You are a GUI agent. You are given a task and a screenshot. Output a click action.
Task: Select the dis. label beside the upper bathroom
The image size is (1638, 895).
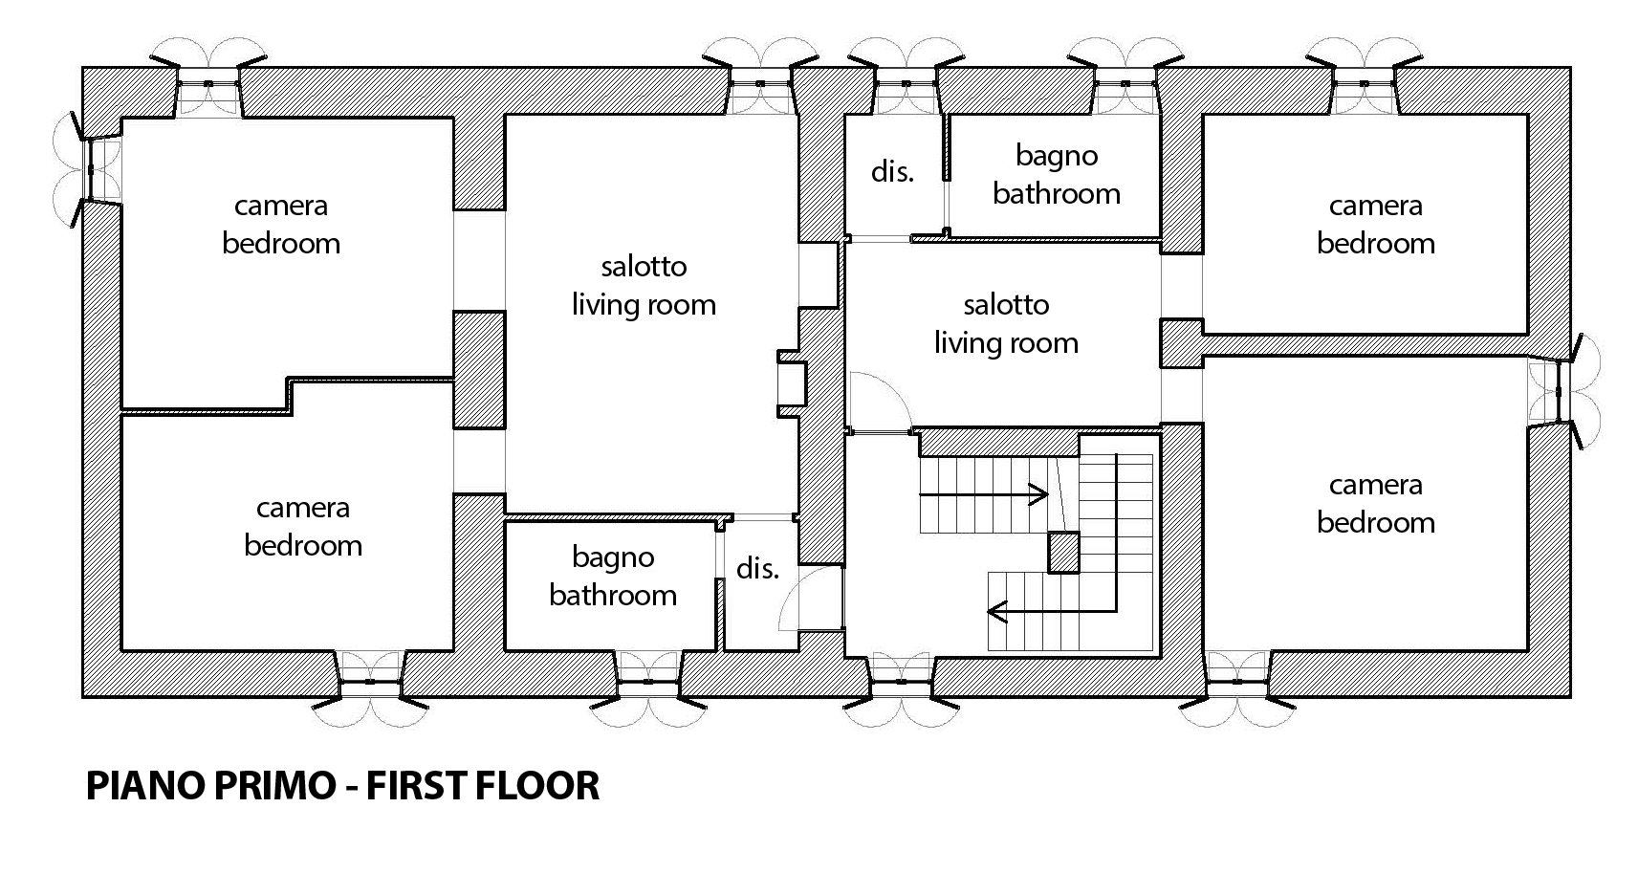[x=892, y=172]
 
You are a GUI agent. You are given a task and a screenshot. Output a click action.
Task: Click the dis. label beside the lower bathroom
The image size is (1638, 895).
[x=757, y=568]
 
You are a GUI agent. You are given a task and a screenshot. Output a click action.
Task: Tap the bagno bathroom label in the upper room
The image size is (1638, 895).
[x=1057, y=176]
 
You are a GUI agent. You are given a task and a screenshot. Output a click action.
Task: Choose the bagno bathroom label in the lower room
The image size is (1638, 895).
[x=613, y=577]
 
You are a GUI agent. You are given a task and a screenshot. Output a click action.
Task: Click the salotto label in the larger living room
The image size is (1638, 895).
[x=644, y=266]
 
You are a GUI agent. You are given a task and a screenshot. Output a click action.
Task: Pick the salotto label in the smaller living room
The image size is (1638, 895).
[x=1006, y=304]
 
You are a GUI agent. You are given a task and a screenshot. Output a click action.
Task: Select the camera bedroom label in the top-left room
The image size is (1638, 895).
[x=281, y=225]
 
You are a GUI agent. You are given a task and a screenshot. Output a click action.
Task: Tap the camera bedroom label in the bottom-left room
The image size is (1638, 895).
[x=303, y=527]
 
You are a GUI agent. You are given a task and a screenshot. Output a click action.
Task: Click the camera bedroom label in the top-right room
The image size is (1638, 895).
[x=1375, y=225]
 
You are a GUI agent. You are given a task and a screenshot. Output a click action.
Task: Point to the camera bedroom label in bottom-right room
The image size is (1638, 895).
[x=1375, y=504]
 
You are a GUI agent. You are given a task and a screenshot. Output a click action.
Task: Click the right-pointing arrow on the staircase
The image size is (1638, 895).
[x=984, y=495]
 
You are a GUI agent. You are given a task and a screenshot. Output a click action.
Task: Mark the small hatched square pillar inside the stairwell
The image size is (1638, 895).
[x=1064, y=552]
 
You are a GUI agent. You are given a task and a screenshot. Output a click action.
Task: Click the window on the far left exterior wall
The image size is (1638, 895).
[x=88, y=169]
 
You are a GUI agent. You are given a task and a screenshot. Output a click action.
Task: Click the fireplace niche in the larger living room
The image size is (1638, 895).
[x=791, y=383]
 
